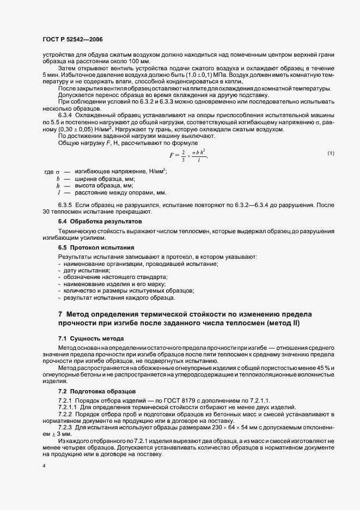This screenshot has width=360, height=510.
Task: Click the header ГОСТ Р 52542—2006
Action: [x=74, y=40]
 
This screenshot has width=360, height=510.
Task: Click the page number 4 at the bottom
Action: [x=44, y=467]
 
